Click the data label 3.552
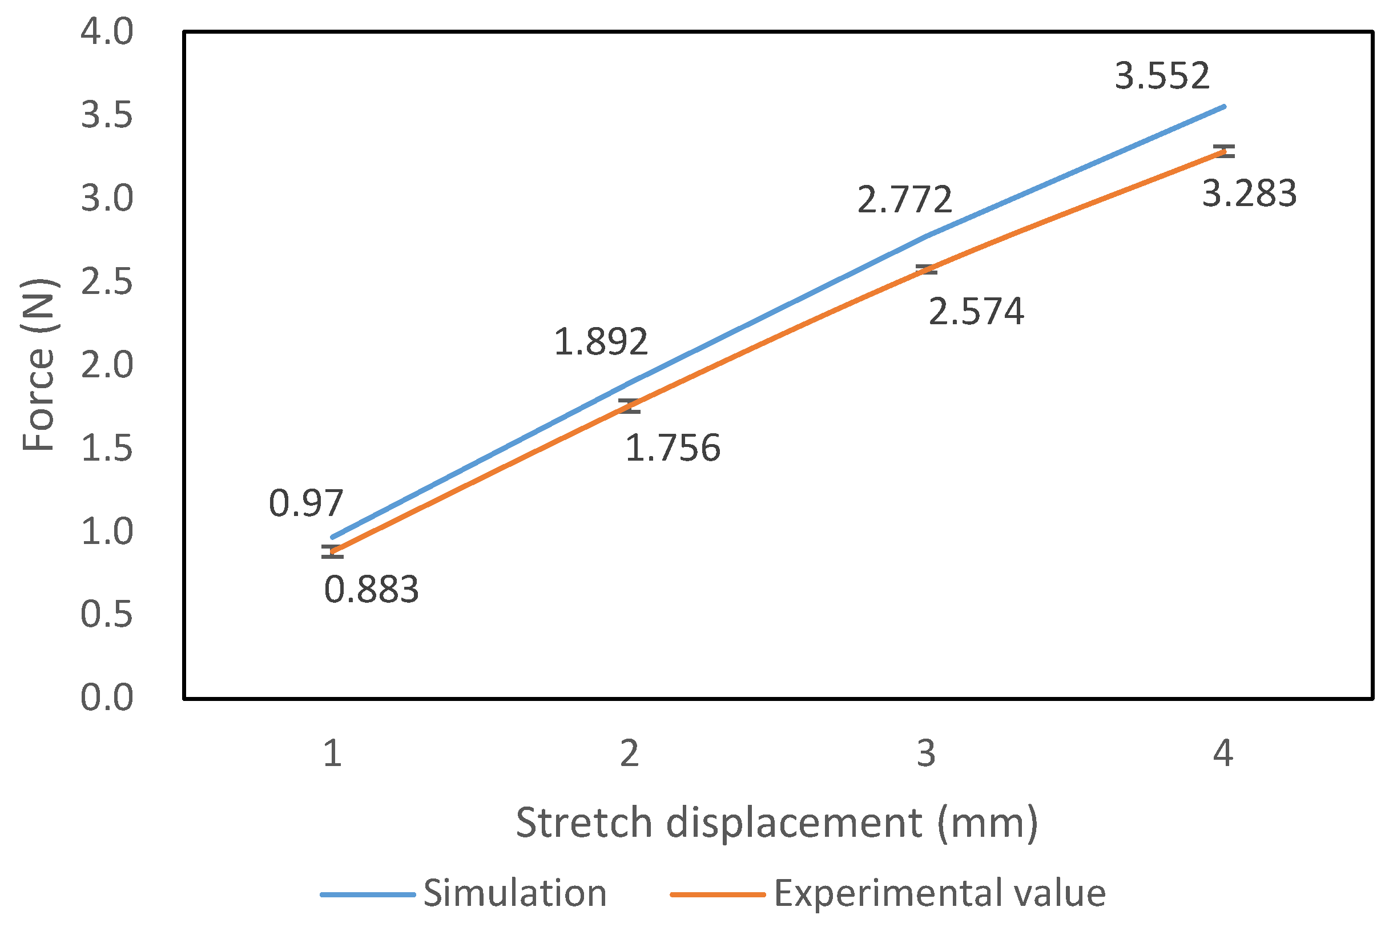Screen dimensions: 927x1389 coord(1162,77)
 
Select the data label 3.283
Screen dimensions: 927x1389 coord(1249,194)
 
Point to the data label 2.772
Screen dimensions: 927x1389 coord(904,200)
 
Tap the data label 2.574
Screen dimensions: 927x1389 coord(976,312)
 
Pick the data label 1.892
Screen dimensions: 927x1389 coord(600,342)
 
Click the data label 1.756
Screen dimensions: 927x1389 coord(673,448)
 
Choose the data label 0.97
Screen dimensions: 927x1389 coord(305,503)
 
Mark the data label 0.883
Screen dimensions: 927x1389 coord(371,590)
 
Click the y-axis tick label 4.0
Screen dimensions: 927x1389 coord(107,31)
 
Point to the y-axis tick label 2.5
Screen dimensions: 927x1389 coord(107,282)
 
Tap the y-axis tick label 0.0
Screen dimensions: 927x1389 coord(107,698)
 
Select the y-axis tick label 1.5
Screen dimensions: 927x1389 coord(107,449)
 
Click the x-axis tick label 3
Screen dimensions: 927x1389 coord(926,754)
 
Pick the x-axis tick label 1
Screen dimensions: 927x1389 coord(332,754)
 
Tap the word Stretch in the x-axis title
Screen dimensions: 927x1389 coord(583,823)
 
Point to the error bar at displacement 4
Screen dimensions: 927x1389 coord(1223,151)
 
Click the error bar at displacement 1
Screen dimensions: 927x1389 coord(332,551)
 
